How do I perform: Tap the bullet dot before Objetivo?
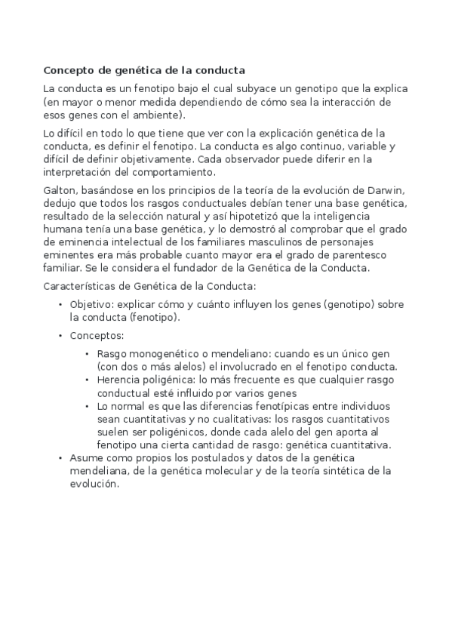click(x=60, y=304)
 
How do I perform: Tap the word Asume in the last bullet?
click(x=85, y=458)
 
